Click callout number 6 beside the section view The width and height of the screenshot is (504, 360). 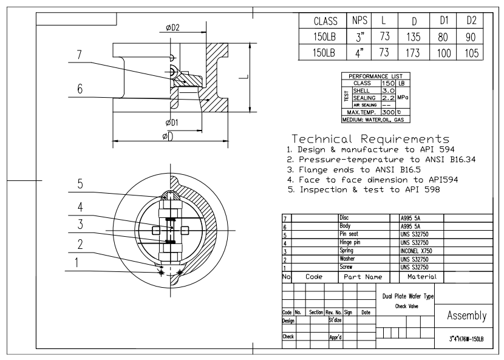80,89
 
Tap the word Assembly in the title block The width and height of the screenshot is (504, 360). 466,316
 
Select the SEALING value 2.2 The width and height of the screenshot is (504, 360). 387,97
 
